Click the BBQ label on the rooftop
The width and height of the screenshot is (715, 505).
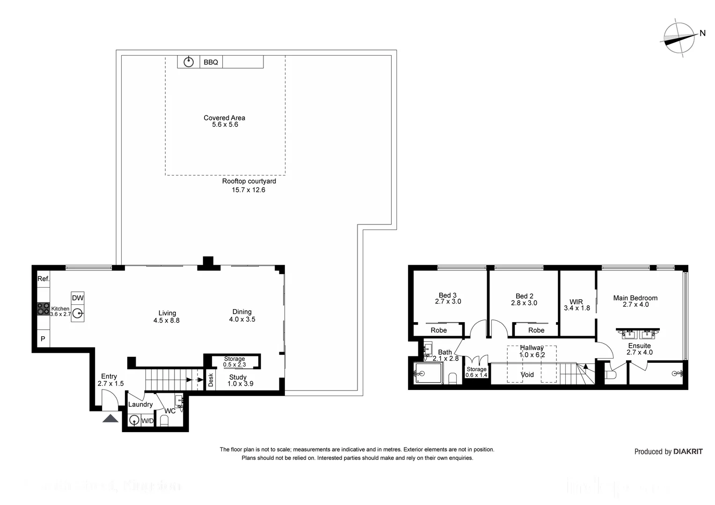(211, 62)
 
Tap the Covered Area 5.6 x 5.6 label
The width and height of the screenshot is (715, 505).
(225, 121)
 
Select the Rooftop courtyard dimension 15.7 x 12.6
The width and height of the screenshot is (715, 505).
(248, 190)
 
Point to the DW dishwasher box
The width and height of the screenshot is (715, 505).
(78, 298)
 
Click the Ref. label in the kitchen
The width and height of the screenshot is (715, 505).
(44, 279)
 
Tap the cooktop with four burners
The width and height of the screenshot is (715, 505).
(44, 308)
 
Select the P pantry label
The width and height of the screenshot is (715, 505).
(43, 339)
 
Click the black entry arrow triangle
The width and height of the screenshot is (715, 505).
(110, 418)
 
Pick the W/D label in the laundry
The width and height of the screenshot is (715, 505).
(147, 421)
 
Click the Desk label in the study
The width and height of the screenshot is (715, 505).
(211, 379)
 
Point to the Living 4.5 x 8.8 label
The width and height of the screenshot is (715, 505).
(167, 317)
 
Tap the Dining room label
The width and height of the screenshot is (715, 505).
(242, 312)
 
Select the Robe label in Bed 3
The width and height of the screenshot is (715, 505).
(438, 330)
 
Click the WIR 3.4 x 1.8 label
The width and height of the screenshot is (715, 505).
(576, 305)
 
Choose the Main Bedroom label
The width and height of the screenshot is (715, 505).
(635, 298)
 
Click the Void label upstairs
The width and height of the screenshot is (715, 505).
(527, 375)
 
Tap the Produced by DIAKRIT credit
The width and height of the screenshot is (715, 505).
(668, 451)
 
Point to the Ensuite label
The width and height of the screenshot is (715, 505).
(639, 346)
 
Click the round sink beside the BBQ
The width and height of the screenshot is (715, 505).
(189, 62)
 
